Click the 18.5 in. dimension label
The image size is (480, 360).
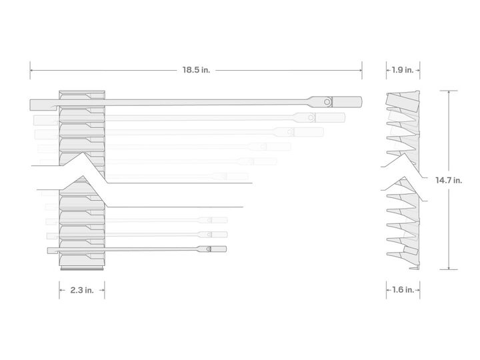(196, 70)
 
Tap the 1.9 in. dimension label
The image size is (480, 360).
(402, 70)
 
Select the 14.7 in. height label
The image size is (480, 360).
(449, 180)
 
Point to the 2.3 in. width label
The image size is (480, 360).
(82, 290)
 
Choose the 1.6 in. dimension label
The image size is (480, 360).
(403, 289)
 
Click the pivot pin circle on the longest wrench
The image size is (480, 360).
(327, 101)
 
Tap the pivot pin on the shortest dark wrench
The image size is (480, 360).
(208, 249)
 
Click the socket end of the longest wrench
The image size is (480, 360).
(347, 101)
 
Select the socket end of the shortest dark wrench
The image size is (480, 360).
(219, 249)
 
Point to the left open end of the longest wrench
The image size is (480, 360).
(43, 105)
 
